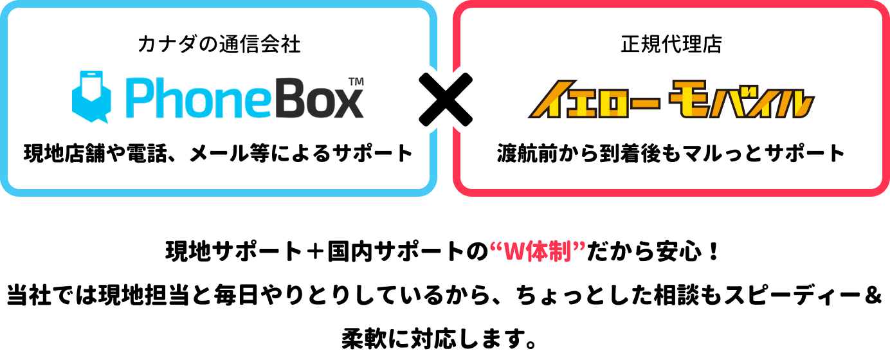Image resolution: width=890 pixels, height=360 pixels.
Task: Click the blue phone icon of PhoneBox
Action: pyautogui.click(x=91, y=97)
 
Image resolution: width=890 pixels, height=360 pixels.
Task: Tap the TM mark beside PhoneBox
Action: pyautogui.click(x=356, y=82)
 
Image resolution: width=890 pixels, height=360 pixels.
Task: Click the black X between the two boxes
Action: pyautogui.click(x=446, y=100)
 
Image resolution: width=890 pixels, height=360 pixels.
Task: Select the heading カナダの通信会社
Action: pyautogui.click(x=219, y=44)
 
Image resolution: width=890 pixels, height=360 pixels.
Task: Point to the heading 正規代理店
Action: pyautogui.click(x=671, y=44)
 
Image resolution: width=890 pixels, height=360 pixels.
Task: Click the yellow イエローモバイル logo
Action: pyautogui.click(x=671, y=100)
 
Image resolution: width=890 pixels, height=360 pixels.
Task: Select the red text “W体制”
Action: pyautogui.click(x=538, y=251)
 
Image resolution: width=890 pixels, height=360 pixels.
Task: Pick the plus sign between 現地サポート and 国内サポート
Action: pyautogui.click(x=316, y=252)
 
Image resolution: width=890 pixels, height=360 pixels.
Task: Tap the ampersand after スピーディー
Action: pyautogui.click(x=873, y=296)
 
